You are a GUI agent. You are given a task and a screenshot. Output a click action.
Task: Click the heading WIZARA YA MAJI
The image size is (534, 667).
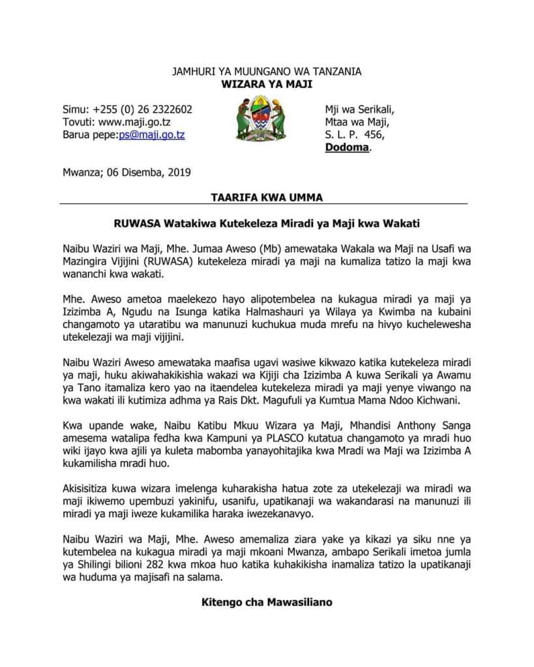coord(267,84)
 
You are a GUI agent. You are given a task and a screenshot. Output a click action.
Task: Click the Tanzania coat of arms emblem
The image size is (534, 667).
coord(261,119)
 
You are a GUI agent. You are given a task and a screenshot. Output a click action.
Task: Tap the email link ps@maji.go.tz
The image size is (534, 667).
coord(152,135)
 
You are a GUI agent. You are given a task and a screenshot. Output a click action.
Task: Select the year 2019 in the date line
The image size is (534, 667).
coord(179,173)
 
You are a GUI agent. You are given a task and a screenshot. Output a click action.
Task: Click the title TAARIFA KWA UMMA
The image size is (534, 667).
coord(267,197)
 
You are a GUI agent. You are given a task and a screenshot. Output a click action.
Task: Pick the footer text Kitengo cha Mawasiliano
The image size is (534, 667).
coord(267,602)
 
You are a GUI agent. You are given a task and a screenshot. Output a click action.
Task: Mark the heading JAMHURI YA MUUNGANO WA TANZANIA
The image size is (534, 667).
coord(267,71)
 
